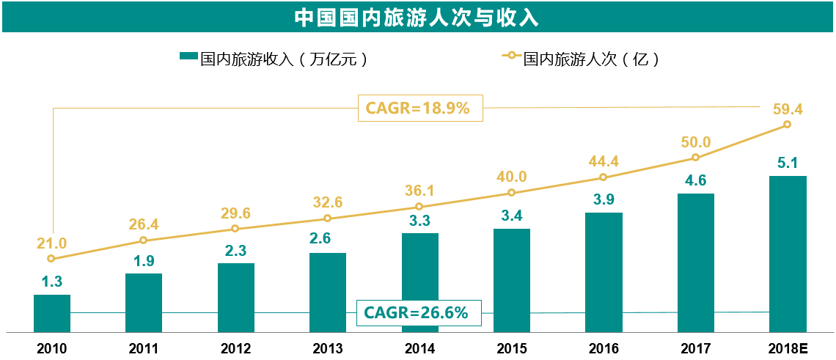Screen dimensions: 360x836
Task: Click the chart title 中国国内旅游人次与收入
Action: [x=417, y=17]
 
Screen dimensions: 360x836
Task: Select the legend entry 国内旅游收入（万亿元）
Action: [x=274, y=59]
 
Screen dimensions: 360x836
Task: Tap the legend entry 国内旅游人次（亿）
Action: [x=581, y=59]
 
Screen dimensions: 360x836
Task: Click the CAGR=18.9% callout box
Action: [x=417, y=109]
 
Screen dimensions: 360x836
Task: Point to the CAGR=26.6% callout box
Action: [x=416, y=313]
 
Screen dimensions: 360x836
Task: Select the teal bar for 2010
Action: [x=52, y=313]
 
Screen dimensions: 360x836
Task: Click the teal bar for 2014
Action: [x=420, y=282]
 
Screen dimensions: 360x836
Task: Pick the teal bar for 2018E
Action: [x=788, y=254]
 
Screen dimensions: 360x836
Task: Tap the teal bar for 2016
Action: [x=604, y=272]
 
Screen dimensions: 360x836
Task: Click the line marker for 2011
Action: [x=144, y=240]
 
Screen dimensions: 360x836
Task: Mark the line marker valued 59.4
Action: [x=788, y=125]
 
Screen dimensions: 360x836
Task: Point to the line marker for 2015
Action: [x=512, y=193]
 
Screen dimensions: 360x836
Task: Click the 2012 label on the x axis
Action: [x=236, y=349]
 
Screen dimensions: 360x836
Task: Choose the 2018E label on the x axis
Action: [x=788, y=349]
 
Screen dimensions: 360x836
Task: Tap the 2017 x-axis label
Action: [x=695, y=349]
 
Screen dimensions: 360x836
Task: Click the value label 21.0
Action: [x=51, y=243]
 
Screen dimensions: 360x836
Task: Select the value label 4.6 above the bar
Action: [x=695, y=180]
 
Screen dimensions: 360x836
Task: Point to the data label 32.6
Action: [x=328, y=203]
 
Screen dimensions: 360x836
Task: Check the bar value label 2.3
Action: [x=236, y=249]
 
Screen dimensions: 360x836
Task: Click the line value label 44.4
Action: [x=604, y=161]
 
